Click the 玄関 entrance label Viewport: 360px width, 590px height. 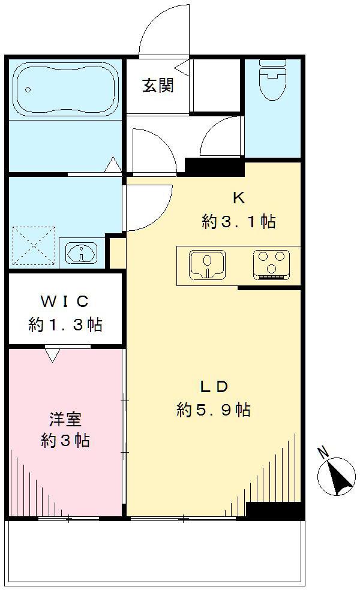[158, 86]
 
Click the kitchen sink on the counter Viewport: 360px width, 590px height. [207, 265]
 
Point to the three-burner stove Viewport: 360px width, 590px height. [271, 264]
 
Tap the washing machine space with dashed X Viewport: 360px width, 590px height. [34, 245]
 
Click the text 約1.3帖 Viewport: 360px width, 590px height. [65, 325]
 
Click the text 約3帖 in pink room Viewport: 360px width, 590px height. [65, 441]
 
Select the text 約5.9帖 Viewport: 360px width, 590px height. [214, 411]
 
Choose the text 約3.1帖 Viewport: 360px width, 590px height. [238, 222]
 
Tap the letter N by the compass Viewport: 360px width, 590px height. [323, 452]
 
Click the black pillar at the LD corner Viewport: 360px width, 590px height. [273, 510]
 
